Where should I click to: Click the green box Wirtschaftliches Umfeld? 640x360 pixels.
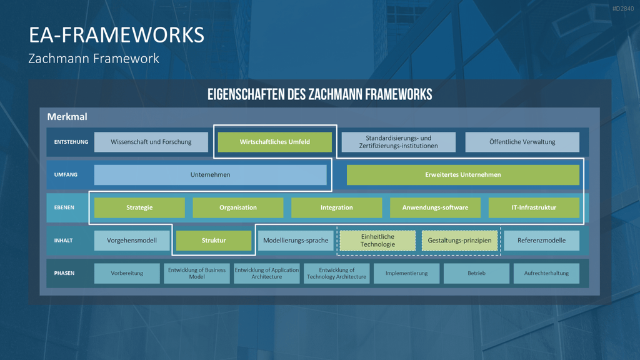coord(275,142)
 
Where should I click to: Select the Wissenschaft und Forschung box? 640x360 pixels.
coord(151,142)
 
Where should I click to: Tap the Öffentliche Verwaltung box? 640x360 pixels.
coord(522,142)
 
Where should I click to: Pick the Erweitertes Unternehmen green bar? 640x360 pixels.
coord(463,175)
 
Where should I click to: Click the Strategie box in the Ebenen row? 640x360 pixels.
coord(139,207)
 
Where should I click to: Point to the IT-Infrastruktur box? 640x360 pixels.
coord(534,207)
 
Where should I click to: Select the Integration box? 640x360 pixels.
coord(337,207)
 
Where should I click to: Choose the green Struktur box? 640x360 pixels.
coord(214,241)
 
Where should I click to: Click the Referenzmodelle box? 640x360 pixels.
coord(542,241)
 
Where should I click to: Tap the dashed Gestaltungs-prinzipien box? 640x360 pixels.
coord(459,241)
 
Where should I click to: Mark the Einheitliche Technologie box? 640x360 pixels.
coord(377,241)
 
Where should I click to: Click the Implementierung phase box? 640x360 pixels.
coord(406,273)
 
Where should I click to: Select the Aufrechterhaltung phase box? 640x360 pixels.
coord(546,273)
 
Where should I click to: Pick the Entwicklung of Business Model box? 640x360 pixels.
coord(197,273)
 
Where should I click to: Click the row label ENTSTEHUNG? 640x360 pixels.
coord(71,142)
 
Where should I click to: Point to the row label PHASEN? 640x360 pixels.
coord(64,273)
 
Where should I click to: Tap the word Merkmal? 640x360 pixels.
coord(67,117)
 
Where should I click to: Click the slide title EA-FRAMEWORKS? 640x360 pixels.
coord(116,35)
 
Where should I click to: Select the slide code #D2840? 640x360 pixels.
coord(623,9)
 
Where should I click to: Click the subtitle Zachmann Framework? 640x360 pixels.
coord(94,58)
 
